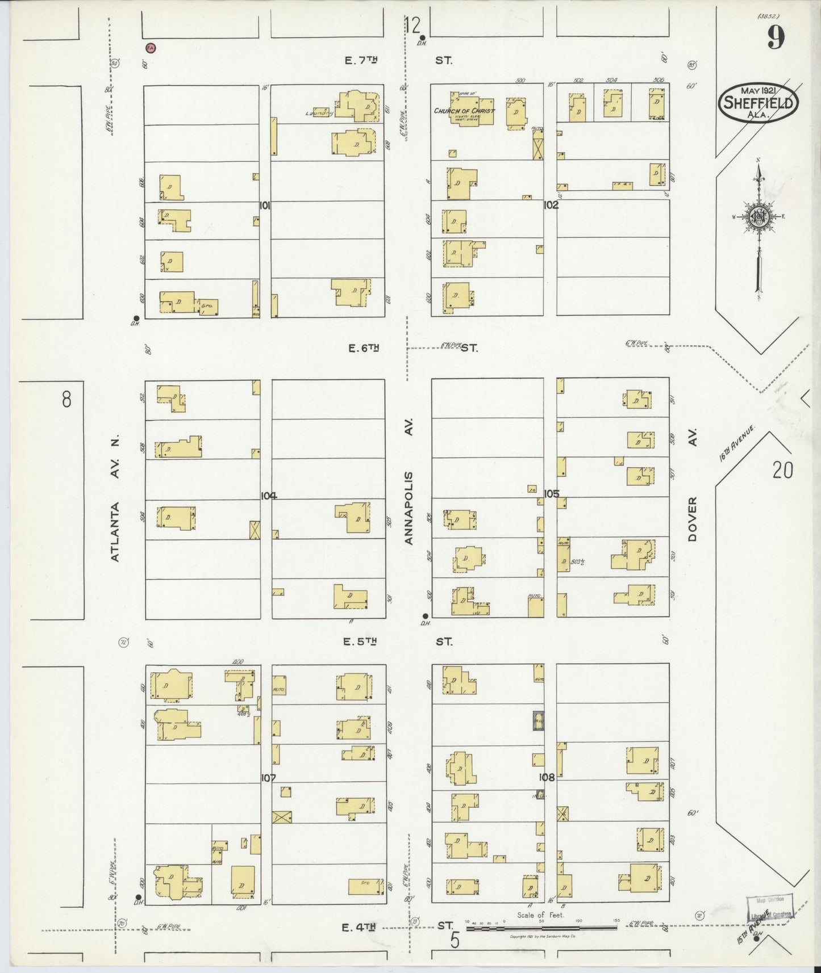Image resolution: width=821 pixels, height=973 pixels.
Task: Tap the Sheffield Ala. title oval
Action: pos(759,103)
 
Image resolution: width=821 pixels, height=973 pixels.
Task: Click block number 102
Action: pos(551,205)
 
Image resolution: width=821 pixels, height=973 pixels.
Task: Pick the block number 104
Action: pos(268,496)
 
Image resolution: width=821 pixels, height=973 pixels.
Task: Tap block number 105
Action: pos(551,493)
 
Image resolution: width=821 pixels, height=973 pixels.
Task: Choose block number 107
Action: pos(268,778)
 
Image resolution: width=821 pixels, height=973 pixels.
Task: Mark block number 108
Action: pos(547,778)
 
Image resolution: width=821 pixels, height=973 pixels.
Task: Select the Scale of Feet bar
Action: pos(541,928)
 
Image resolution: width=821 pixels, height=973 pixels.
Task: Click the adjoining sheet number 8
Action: pos(66,400)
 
